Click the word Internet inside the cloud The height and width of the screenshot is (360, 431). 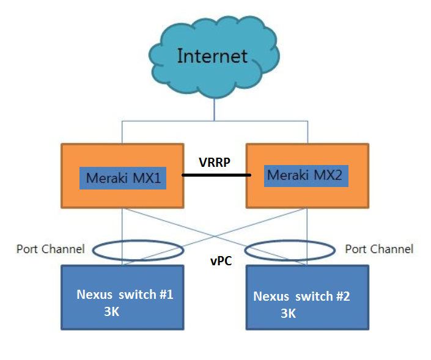212,56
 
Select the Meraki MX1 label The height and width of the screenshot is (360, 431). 122,178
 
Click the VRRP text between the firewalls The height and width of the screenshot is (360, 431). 215,163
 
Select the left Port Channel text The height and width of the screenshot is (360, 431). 50,249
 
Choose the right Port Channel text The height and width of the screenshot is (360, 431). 379,249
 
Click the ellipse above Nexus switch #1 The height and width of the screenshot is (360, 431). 138,241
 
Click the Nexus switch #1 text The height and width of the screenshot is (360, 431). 125,295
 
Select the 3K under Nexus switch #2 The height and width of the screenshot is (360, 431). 288,313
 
